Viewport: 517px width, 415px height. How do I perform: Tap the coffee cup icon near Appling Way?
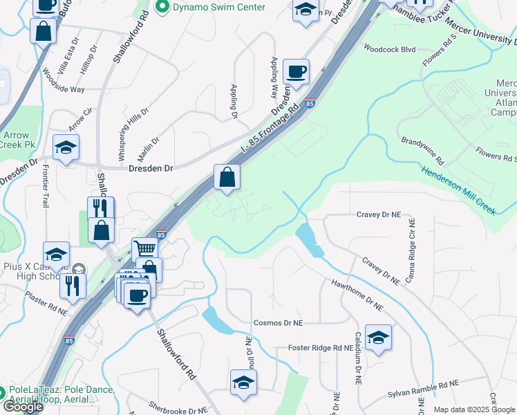point(296,71)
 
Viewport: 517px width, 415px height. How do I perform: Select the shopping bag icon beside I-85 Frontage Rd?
point(227,178)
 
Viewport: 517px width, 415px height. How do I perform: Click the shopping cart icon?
point(144,249)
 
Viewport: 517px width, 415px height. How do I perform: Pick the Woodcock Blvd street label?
point(389,50)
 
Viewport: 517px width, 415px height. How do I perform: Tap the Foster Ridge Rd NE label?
point(315,348)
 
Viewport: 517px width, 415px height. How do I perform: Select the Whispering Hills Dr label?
point(133,135)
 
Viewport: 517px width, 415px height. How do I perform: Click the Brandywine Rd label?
point(423,150)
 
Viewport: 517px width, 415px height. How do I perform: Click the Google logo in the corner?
point(22,407)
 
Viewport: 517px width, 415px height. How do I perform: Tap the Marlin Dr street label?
point(152,149)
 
